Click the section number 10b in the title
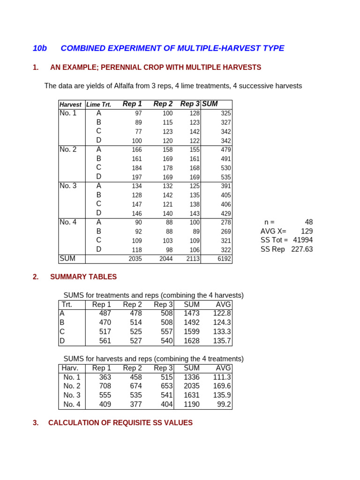pos(40,48)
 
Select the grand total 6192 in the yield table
pos(224,259)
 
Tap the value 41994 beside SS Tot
pos(303,240)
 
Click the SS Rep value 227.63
pos(302,249)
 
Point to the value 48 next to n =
pos(308,222)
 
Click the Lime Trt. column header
pos(98,105)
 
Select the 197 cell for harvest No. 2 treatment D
pos(136,177)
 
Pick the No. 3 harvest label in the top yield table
pos(68,186)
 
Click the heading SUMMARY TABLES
pos(83,277)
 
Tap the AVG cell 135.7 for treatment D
pos(222,341)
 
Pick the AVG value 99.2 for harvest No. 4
pos(224,405)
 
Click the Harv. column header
pos(70,368)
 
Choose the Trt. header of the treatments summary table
pos(67,305)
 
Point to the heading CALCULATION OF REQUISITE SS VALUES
pos(120,423)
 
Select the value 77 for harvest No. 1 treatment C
pos(138,132)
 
